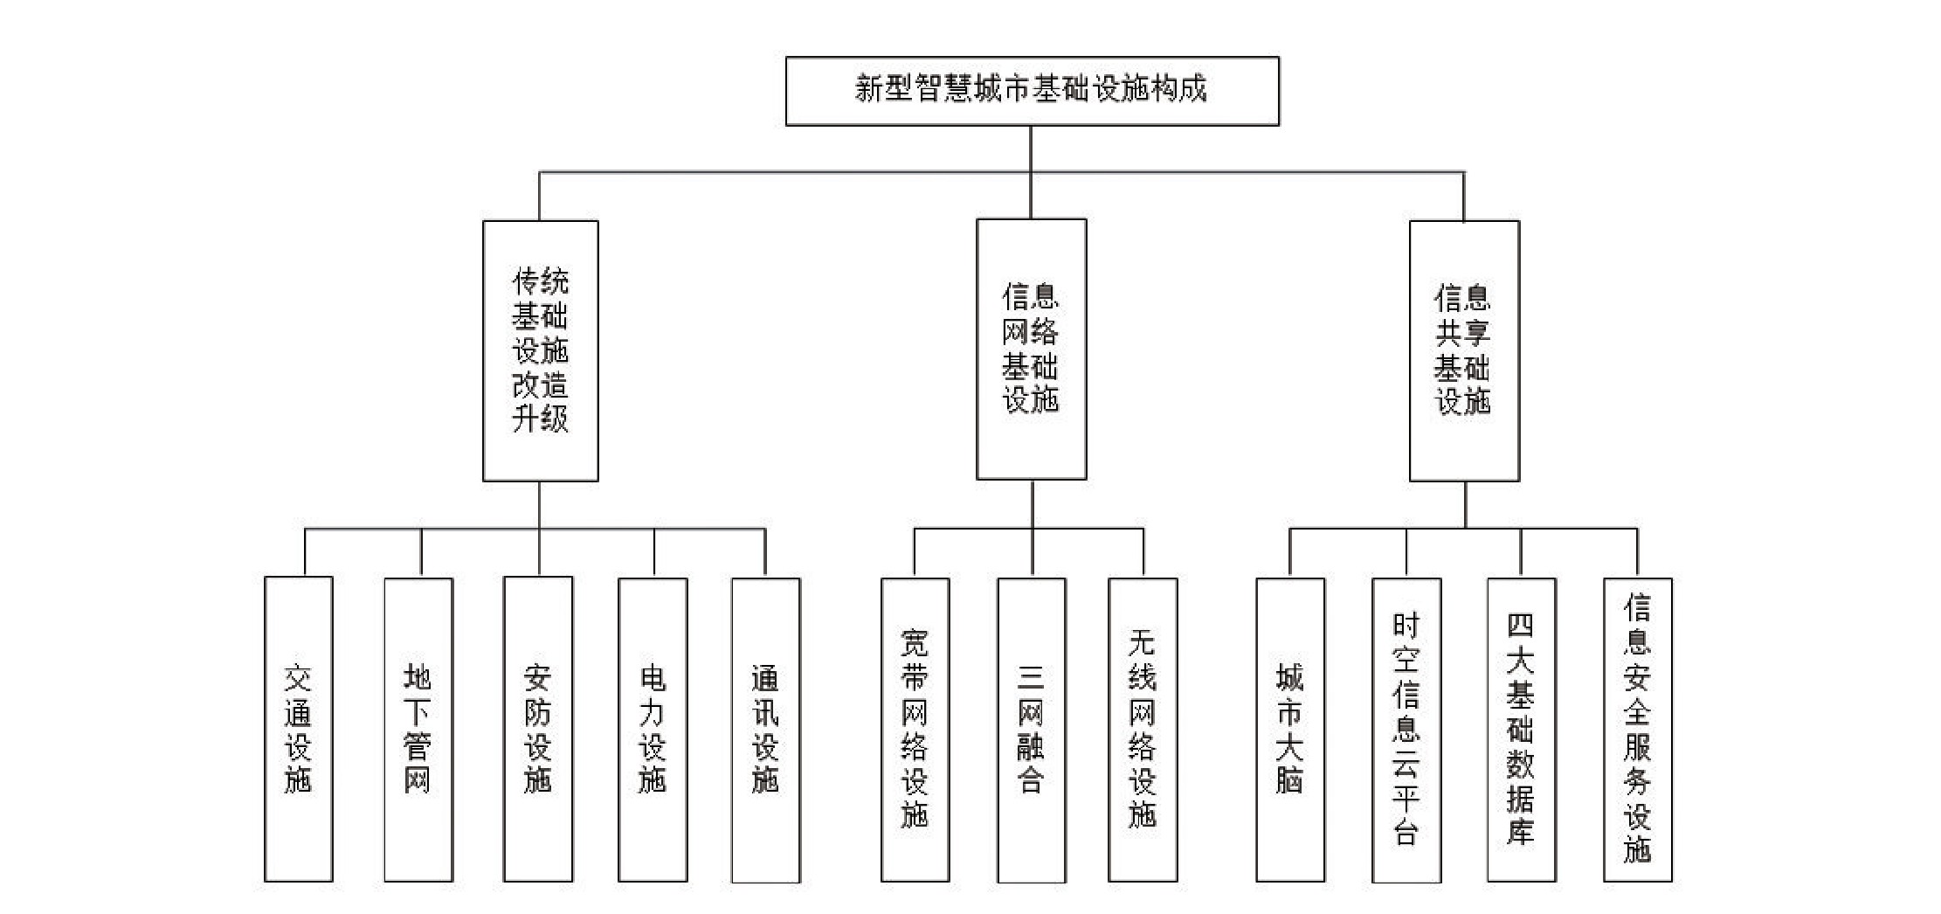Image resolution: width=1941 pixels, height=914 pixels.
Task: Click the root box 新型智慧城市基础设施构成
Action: coord(1032,91)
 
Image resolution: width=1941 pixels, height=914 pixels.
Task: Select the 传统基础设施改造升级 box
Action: coord(540,350)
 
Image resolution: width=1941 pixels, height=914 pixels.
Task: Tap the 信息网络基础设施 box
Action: coord(1031,349)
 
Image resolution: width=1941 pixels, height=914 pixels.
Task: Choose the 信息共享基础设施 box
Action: coord(1464,350)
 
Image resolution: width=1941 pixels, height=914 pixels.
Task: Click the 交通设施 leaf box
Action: coord(298,729)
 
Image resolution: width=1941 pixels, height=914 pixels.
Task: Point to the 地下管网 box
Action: coord(418,729)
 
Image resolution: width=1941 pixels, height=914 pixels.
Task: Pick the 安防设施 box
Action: coord(537,729)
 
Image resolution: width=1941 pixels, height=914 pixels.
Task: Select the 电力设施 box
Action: coord(653,729)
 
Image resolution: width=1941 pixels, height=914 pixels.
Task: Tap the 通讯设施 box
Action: coord(765,729)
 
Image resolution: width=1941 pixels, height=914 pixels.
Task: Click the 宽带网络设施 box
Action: coord(915,729)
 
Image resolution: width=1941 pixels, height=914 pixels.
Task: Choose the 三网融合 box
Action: coord(1031,729)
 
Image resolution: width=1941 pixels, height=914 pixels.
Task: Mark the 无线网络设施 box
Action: coord(1143,729)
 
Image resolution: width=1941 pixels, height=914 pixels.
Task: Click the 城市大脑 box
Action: coord(1290,729)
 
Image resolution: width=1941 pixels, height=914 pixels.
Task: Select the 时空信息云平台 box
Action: coord(1406,729)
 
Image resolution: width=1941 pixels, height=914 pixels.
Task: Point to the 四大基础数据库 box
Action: coord(1521,729)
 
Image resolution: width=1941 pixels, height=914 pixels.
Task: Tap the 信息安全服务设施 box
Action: coord(1637,729)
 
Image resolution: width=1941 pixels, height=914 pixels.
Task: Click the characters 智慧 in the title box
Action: coord(943,89)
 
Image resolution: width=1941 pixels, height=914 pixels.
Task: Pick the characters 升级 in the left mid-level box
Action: coord(540,419)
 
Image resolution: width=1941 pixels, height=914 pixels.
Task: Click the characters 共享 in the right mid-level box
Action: coord(1463,333)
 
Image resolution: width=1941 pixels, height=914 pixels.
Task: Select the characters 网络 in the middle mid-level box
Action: coord(1031,332)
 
